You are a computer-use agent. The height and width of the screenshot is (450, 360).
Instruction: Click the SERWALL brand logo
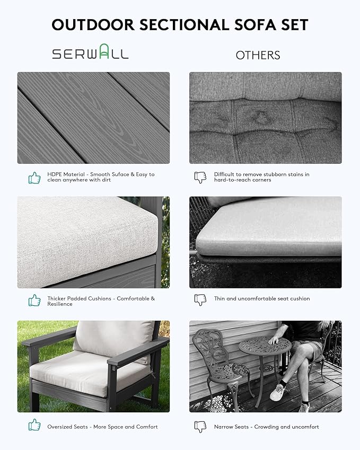point(90,54)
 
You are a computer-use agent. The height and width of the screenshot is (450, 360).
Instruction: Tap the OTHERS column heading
point(258,55)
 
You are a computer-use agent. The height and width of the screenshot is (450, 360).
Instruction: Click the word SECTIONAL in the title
point(185,25)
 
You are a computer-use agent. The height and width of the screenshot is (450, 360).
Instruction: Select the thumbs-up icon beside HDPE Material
point(34,178)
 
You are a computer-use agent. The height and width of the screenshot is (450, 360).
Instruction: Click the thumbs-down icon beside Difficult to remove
point(200,178)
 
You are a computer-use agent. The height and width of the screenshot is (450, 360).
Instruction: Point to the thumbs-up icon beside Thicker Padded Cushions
point(34,301)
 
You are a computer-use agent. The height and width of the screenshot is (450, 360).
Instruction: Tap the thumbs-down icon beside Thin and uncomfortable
point(200,299)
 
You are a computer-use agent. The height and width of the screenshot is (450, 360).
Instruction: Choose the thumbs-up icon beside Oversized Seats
point(34,425)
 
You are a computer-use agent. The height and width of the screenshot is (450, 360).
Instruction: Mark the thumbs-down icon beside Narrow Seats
point(200,426)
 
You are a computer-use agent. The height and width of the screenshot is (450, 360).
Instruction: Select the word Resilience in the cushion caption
point(60,304)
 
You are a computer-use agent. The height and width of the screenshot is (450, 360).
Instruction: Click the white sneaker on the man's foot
point(277,393)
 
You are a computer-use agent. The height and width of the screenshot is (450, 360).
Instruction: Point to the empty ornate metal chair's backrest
point(208,345)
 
